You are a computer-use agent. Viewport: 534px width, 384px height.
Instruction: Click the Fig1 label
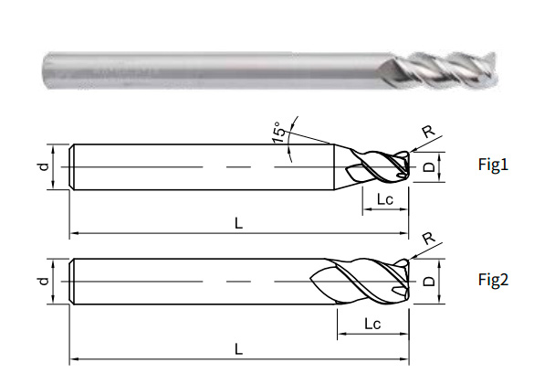click(493, 165)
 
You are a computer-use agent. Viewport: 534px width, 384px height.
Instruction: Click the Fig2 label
click(493, 280)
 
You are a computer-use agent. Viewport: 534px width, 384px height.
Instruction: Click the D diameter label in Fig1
click(425, 167)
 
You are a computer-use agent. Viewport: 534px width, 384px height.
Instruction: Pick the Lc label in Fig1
click(382, 198)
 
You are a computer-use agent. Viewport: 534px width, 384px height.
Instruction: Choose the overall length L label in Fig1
click(237, 221)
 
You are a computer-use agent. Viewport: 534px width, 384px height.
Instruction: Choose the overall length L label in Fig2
click(237, 348)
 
